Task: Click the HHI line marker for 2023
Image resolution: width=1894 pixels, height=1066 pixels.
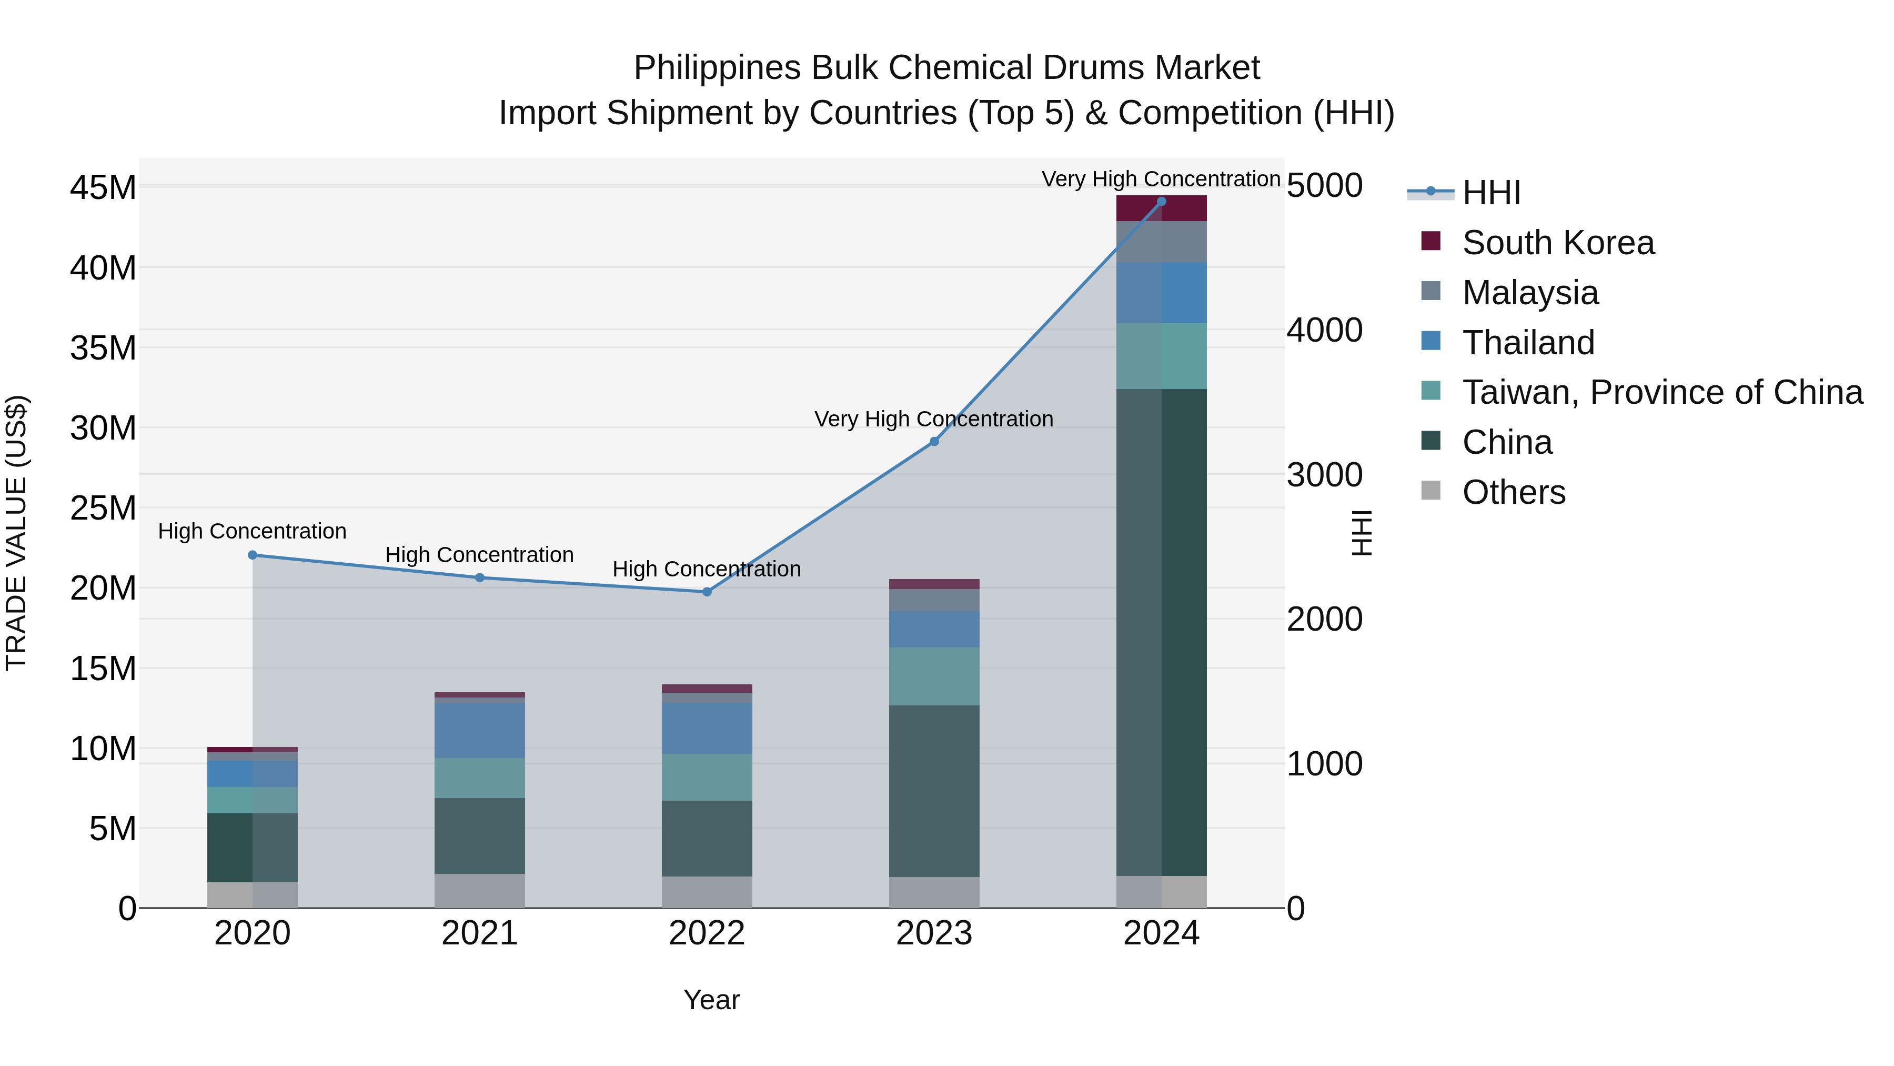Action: point(934,442)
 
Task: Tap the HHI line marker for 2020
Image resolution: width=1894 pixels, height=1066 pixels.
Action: point(252,555)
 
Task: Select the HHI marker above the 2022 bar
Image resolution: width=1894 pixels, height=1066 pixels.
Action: point(707,592)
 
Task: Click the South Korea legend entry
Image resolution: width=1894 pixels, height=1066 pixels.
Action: point(1557,243)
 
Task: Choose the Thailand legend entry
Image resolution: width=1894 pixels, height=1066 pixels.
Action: point(1528,343)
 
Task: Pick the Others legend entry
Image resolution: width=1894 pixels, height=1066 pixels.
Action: point(1513,492)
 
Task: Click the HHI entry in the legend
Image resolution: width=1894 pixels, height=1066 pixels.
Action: point(1490,193)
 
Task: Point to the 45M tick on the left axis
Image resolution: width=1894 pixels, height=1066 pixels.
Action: point(103,187)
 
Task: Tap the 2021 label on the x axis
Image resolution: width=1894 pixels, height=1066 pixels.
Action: point(479,933)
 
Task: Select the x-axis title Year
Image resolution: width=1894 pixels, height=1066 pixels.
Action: point(711,1000)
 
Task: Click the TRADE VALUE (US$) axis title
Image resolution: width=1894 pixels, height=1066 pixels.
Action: point(16,533)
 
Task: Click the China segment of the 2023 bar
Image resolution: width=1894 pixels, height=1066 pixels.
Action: point(934,791)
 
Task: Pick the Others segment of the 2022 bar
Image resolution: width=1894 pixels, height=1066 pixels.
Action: point(707,892)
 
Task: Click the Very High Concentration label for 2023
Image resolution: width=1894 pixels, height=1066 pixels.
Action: point(934,420)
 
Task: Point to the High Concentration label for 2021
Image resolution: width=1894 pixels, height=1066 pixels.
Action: point(479,555)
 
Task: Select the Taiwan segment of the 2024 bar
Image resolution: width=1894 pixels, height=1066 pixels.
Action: point(1161,356)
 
